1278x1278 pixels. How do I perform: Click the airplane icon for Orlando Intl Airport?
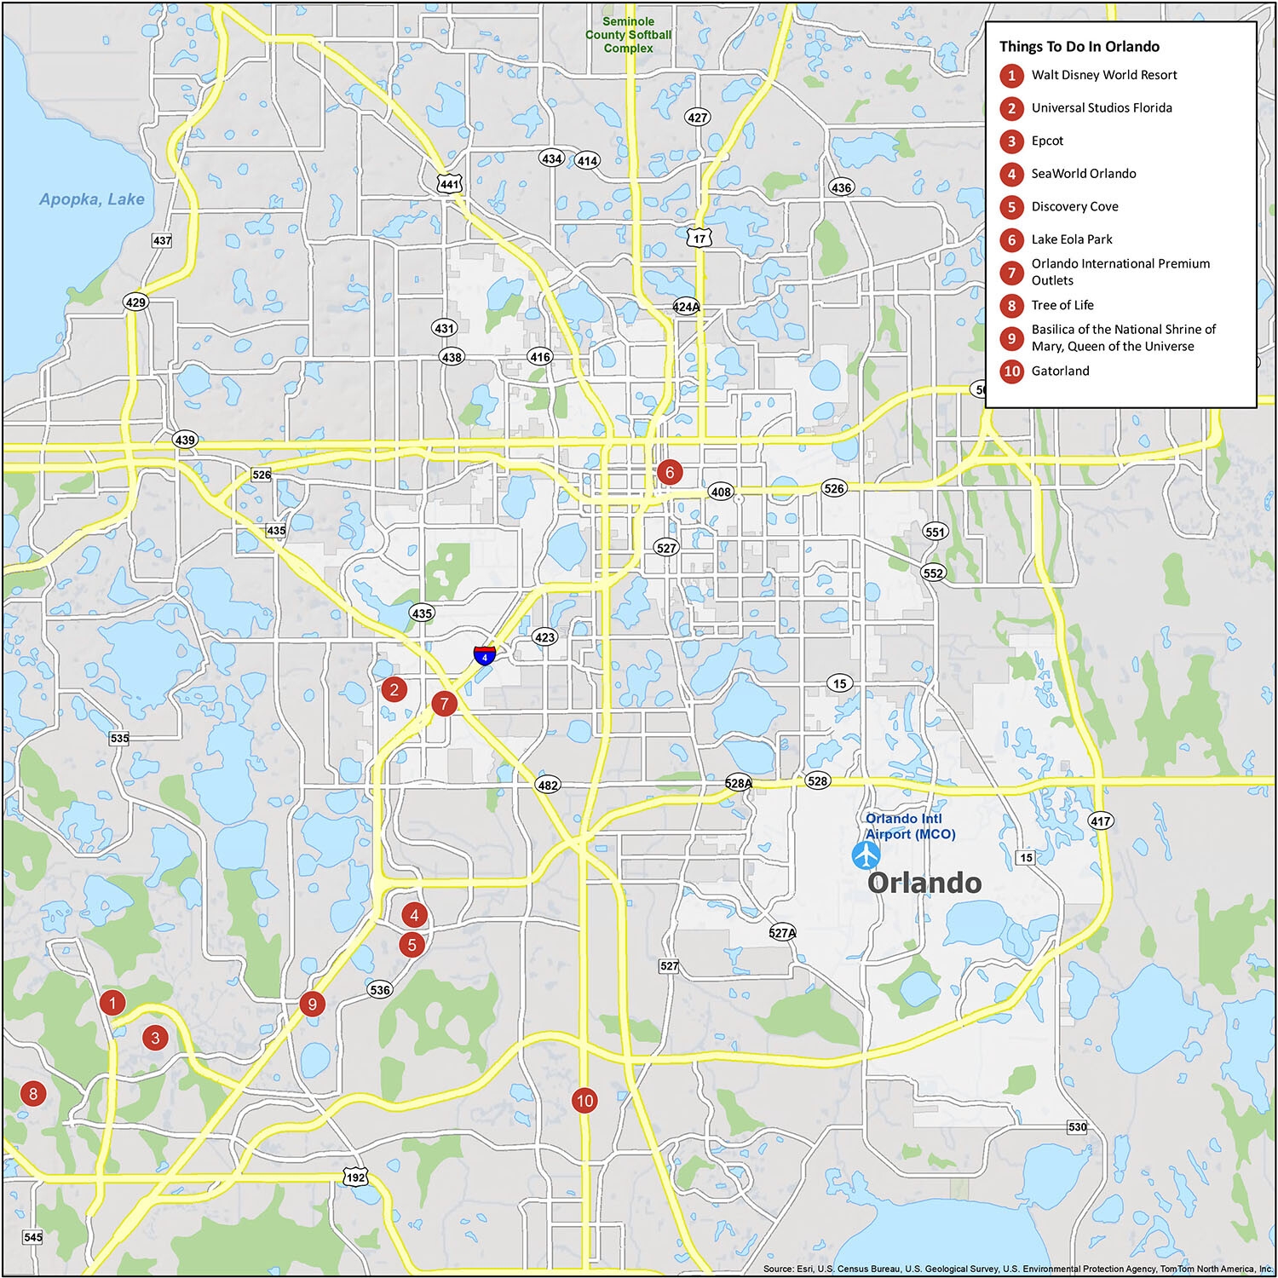pyautogui.click(x=866, y=855)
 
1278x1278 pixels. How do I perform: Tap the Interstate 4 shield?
pyautogui.click(x=484, y=655)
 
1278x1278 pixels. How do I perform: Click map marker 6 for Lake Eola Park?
pyautogui.click(x=670, y=472)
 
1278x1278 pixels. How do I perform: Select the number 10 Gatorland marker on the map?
pyautogui.click(x=584, y=1101)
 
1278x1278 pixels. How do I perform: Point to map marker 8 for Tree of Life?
pyautogui.click(x=33, y=1094)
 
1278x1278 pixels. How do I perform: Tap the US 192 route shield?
pyautogui.click(x=355, y=1177)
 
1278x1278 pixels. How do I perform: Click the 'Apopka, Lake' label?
pyautogui.click(x=92, y=199)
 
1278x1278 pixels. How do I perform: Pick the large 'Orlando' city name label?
pyautogui.click(x=924, y=883)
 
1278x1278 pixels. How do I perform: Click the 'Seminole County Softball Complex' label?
pyautogui.click(x=629, y=35)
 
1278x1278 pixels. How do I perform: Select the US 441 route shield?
pyautogui.click(x=449, y=183)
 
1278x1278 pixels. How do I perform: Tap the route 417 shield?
pyautogui.click(x=1100, y=821)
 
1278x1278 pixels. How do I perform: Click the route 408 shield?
pyautogui.click(x=721, y=492)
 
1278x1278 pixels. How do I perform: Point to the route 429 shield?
pyautogui.click(x=135, y=302)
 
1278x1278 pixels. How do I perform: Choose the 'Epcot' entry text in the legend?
pyautogui.click(x=1047, y=141)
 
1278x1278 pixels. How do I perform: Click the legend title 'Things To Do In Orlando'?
pyautogui.click(x=1079, y=47)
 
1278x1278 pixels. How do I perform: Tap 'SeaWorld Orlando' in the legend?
pyautogui.click(x=1083, y=174)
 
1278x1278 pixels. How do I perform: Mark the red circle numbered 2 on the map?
pyautogui.click(x=394, y=689)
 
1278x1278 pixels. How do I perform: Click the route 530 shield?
pyautogui.click(x=1077, y=1127)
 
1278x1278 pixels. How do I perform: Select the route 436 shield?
pyautogui.click(x=841, y=187)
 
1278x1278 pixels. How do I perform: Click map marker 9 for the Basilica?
pyautogui.click(x=313, y=1005)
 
